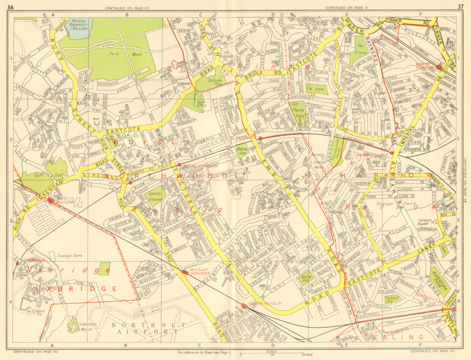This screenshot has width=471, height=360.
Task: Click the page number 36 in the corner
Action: pos(11,6)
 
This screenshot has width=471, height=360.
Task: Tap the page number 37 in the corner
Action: pos(460,6)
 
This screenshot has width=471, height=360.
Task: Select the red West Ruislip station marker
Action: pos(50,201)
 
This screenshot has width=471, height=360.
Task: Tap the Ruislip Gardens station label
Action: pos(201,271)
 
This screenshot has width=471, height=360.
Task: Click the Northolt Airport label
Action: pos(144,328)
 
